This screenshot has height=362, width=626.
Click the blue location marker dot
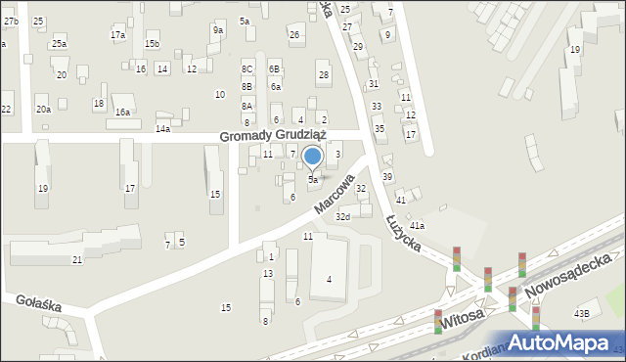pos(313,156)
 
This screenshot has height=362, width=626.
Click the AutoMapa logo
pos(561,342)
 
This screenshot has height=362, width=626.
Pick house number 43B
pos(581,314)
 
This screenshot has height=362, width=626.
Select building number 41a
pos(417,226)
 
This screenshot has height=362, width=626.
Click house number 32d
pos(342,216)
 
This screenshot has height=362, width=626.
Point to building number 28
pos(324,74)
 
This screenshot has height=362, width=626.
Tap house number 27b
pos(10,21)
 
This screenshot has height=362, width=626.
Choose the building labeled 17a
pos(117,35)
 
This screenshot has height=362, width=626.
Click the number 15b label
pos(152,44)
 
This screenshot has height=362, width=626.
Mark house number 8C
pos(247,68)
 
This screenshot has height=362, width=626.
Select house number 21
pos(77,259)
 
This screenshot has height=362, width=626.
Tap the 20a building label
pos(43,110)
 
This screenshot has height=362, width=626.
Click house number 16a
pos(122,113)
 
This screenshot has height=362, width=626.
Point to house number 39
pos(387,176)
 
